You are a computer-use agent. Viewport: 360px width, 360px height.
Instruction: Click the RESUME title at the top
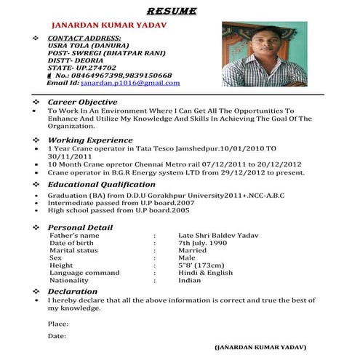click(x=181, y=11)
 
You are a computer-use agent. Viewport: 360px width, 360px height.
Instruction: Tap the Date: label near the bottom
click(x=56, y=337)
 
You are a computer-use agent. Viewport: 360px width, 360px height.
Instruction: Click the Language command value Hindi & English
click(x=206, y=272)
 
